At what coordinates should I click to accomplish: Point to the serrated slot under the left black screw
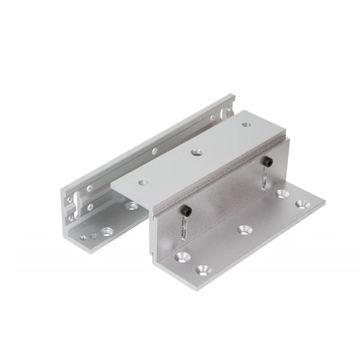pyautogui.click(x=184, y=227)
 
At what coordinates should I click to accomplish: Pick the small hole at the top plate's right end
pyautogui.click(x=245, y=125)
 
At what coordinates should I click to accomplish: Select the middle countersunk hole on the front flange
pyautogui.click(x=244, y=229)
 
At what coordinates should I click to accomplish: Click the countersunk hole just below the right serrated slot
pyautogui.click(x=282, y=194)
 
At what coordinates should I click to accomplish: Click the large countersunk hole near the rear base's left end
pyautogui.click(x=107, y=232)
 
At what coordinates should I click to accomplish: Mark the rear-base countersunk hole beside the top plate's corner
pyautogui.click(x=131, y=206)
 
